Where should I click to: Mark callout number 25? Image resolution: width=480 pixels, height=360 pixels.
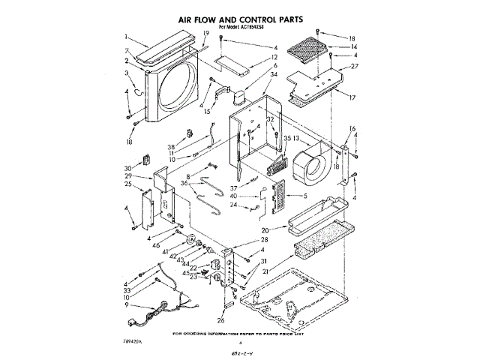pyautogui.click(x=128, y=184)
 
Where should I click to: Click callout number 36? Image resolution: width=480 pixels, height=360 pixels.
pyautogui.click(x=184, y=184)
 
